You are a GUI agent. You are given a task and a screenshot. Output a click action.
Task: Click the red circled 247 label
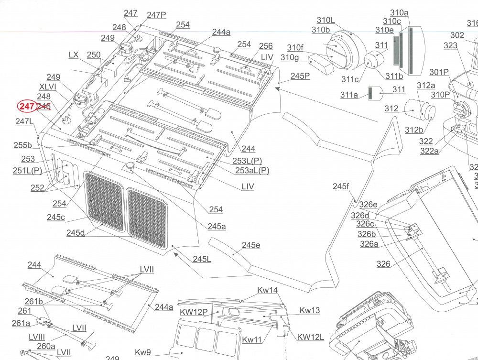click(26, 107)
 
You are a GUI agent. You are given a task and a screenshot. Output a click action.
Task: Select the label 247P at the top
click(156, 15)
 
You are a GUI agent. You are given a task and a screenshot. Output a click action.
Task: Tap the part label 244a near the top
click(221, 32)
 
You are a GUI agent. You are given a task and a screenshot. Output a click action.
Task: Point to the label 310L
click(326, 20)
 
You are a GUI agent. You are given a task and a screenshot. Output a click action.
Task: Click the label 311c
click(350, 79)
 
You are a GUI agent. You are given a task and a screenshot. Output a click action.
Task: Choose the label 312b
click(413, 130)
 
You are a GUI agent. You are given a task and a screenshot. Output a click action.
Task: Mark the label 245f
click(340, 186)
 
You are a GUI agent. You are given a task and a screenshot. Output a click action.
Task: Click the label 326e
click(368, 205)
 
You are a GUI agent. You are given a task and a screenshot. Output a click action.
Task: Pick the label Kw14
click(267, 290)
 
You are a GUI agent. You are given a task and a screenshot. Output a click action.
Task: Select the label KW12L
click(310, 337)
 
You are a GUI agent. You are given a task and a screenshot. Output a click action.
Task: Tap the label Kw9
click(142, 352)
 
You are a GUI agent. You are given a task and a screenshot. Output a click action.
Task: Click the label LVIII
click(37, 337)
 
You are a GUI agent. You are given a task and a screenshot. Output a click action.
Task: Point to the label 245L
click(202, 259)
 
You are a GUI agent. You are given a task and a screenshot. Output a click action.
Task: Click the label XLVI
click(47, 87)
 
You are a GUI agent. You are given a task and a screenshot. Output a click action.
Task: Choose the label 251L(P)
click(27, 171)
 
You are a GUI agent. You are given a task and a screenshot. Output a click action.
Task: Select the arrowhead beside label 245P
click(277, 88)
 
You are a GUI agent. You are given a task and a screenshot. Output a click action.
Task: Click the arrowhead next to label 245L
click(176, 254)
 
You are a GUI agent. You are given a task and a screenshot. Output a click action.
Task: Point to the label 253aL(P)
click(252, 171)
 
